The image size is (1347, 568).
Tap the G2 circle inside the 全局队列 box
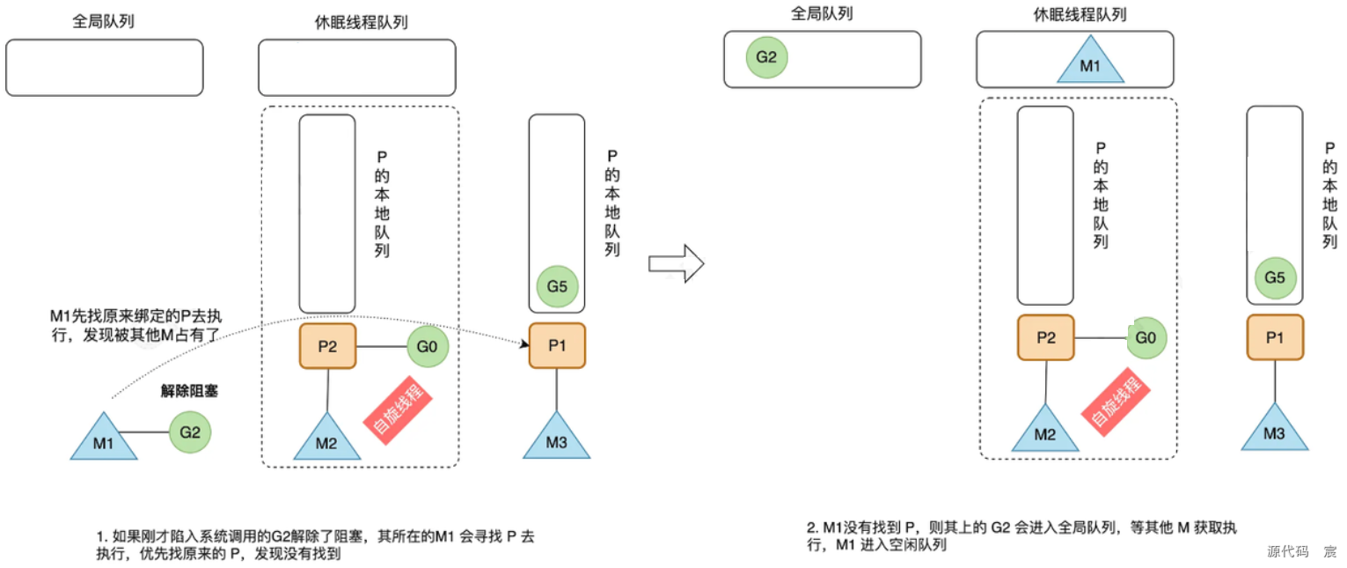click(766, 59)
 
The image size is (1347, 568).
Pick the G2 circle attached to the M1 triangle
click(190, 433)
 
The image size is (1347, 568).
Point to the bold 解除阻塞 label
click(189, 392)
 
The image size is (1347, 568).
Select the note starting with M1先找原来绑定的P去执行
click(136, 324)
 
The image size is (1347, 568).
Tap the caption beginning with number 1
click(315, 545)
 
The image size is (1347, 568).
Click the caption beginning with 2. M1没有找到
click(1022, 536)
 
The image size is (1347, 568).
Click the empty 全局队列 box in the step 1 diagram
click(104, 68)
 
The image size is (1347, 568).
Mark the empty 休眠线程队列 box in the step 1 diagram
click(356, 68)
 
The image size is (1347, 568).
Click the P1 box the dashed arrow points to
click(557, 345)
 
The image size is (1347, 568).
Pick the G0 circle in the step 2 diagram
click(1146, 337)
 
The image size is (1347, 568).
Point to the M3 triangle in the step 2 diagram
click(1274, 430)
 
